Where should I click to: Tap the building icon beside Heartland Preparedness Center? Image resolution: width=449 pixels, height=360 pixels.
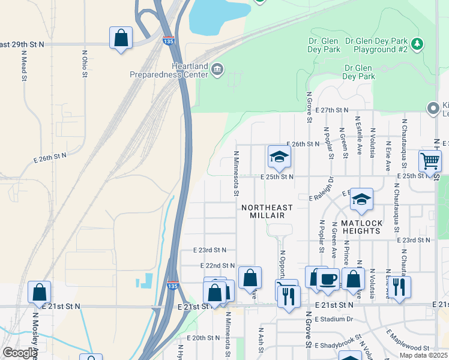[217, 71]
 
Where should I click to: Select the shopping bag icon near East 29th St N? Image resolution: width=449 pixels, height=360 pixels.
[121, 38]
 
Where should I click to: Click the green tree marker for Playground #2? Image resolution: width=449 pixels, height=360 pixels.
[418, 44]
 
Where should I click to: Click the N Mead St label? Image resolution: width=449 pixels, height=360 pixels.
[25, 69]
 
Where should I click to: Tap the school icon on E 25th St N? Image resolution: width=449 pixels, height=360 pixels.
[279, 157]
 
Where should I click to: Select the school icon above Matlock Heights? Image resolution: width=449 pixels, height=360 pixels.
[361, 200]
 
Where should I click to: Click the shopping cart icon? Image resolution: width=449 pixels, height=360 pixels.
[430, 161]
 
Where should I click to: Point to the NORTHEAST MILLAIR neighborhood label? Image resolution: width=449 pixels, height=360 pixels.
[267, 212]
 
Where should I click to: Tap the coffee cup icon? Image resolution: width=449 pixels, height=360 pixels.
[328, 279]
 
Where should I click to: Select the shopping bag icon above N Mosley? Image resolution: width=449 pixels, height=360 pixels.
[39, 293]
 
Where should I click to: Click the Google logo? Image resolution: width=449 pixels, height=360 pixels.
[19, 353]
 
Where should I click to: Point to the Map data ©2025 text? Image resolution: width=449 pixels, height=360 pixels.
[424, 355]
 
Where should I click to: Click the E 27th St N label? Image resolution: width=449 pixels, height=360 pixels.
[334, 110]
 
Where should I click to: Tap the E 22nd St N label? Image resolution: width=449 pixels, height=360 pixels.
[217, 265]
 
